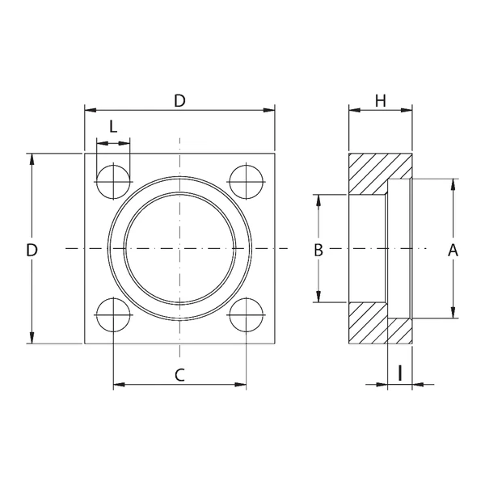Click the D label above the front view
click(x=179, y=101)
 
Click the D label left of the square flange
click(x=32, y=251)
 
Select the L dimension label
click(x=113, y=127)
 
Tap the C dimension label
click(x=179, y=375)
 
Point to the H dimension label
click(x=381, y=101)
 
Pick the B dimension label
click(x=318, y=251)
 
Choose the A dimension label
click(x=453, y=251)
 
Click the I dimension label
click(x=400, y=373)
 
